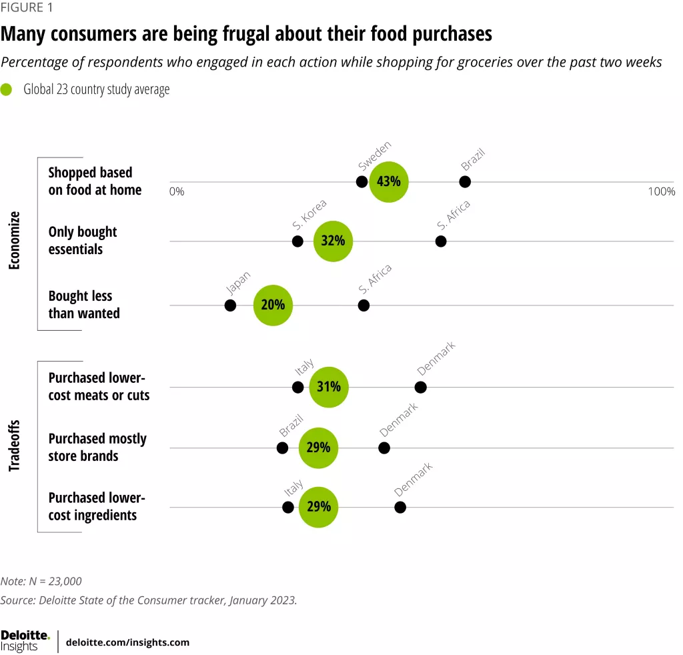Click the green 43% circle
pos(389,181)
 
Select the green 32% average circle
pos(333,241)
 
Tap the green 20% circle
pos(273,305)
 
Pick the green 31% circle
pos(329,387)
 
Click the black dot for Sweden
pos(362,181)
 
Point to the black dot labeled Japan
pos(230,305)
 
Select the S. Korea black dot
pos(297,241)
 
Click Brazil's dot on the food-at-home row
pos(465,181)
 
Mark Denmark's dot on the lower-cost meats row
pos(420,387)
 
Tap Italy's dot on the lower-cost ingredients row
pos(288,507)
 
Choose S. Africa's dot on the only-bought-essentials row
pos(441,241)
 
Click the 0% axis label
pos(177,192)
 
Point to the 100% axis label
pos(661,192)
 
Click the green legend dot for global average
pos(7,89)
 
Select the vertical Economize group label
pos(15,240)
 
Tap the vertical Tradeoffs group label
pos(15,446)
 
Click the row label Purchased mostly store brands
pos(97,447)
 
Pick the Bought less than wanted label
pos(84,305)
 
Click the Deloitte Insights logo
pos(25,641)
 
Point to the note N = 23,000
pos(41,581)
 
